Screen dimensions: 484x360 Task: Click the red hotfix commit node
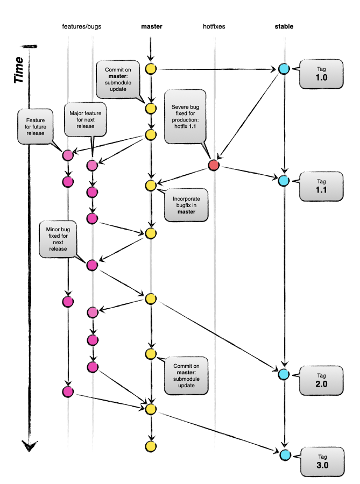(x=214, y=166)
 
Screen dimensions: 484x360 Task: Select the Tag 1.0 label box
(x=321, y=73)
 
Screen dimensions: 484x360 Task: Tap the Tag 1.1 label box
(x=321, y=186)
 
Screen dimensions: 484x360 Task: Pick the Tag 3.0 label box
(x=321, y=461)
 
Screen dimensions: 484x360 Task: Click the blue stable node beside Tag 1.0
(x=284, y=69)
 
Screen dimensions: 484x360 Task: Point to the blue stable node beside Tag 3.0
(x=284, y=454)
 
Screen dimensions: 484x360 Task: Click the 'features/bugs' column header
(x=82, y=26)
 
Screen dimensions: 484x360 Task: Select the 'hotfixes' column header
(x=215, y=26)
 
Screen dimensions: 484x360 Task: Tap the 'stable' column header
(x=284, y=26)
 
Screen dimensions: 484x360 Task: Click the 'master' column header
(x=151, y=26)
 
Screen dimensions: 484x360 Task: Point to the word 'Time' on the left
(x=19, y=69)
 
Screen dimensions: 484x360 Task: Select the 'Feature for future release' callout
(x=37, y=126)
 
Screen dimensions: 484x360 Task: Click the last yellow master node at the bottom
(x=151, y=446)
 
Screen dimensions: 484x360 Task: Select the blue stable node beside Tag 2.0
(x=284, y=374)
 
